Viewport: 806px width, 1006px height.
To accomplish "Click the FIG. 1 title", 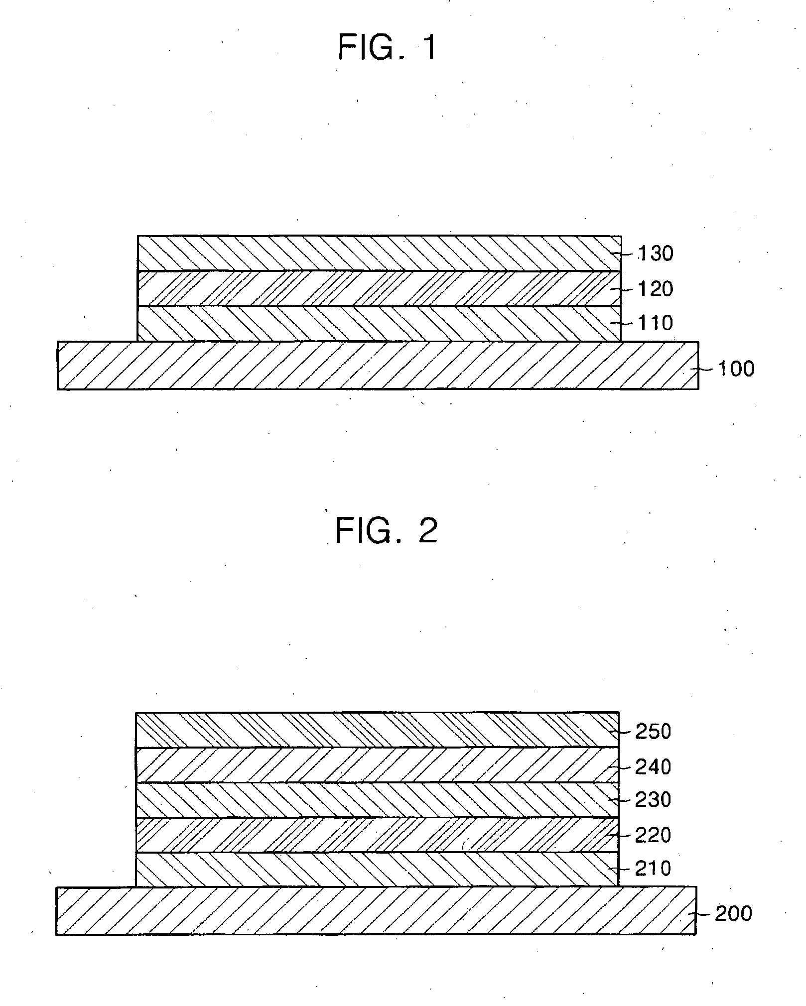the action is [387, 48].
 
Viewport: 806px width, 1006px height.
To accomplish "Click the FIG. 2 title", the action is [387, 530].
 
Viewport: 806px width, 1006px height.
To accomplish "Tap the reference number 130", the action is [656, 254].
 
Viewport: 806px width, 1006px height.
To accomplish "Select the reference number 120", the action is [656, 289].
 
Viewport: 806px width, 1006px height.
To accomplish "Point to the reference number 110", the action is [656, 323].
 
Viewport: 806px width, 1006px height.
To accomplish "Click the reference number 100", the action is [736, 369].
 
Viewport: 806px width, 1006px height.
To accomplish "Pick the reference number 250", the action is [653, 732].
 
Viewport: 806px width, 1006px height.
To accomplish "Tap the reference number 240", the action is [653, 767].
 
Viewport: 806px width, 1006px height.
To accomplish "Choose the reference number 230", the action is [653, 800].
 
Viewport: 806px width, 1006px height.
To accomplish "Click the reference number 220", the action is [653, 835].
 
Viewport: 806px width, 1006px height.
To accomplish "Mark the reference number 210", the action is [653, 869].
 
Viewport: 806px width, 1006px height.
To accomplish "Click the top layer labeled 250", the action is [377, 730].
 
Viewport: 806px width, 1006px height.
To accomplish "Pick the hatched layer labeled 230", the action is [377, 800].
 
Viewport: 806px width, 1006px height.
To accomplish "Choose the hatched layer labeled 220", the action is [377, 835].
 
